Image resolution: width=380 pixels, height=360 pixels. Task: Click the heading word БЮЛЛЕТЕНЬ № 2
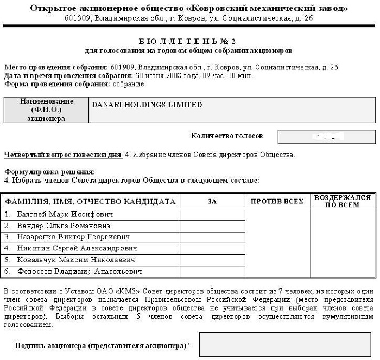tap(189, 41)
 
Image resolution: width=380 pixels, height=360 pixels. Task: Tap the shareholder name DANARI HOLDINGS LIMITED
tap(147, 105)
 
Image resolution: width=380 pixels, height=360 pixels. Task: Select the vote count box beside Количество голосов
tap(326, 136)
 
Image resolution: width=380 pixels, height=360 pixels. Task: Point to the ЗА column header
tap(212, 202)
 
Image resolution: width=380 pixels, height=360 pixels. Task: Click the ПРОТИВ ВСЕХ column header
tap(277, 202)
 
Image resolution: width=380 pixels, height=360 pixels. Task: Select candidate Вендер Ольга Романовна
tap(64, 226)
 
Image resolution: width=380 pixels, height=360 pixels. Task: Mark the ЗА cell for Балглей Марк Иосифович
tap(212, 214)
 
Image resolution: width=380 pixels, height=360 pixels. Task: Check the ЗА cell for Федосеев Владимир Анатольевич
tap(212, 271)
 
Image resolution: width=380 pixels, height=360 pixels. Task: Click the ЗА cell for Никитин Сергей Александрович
tap(212, 248)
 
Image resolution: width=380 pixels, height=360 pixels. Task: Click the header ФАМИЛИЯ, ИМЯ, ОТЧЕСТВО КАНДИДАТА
tap(90, 202)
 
